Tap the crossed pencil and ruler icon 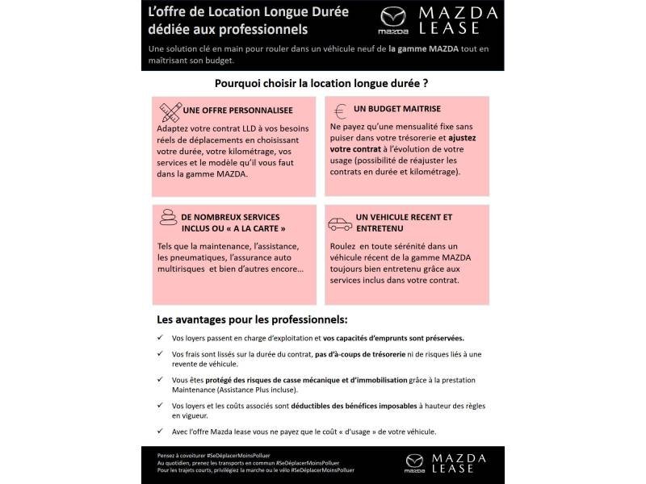(170, 111)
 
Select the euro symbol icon (340, 111)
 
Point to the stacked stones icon (168, 219)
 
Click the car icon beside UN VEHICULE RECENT (340, 223)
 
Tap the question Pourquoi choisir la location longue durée (321, 82)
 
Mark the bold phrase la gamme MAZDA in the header (425, 49)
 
